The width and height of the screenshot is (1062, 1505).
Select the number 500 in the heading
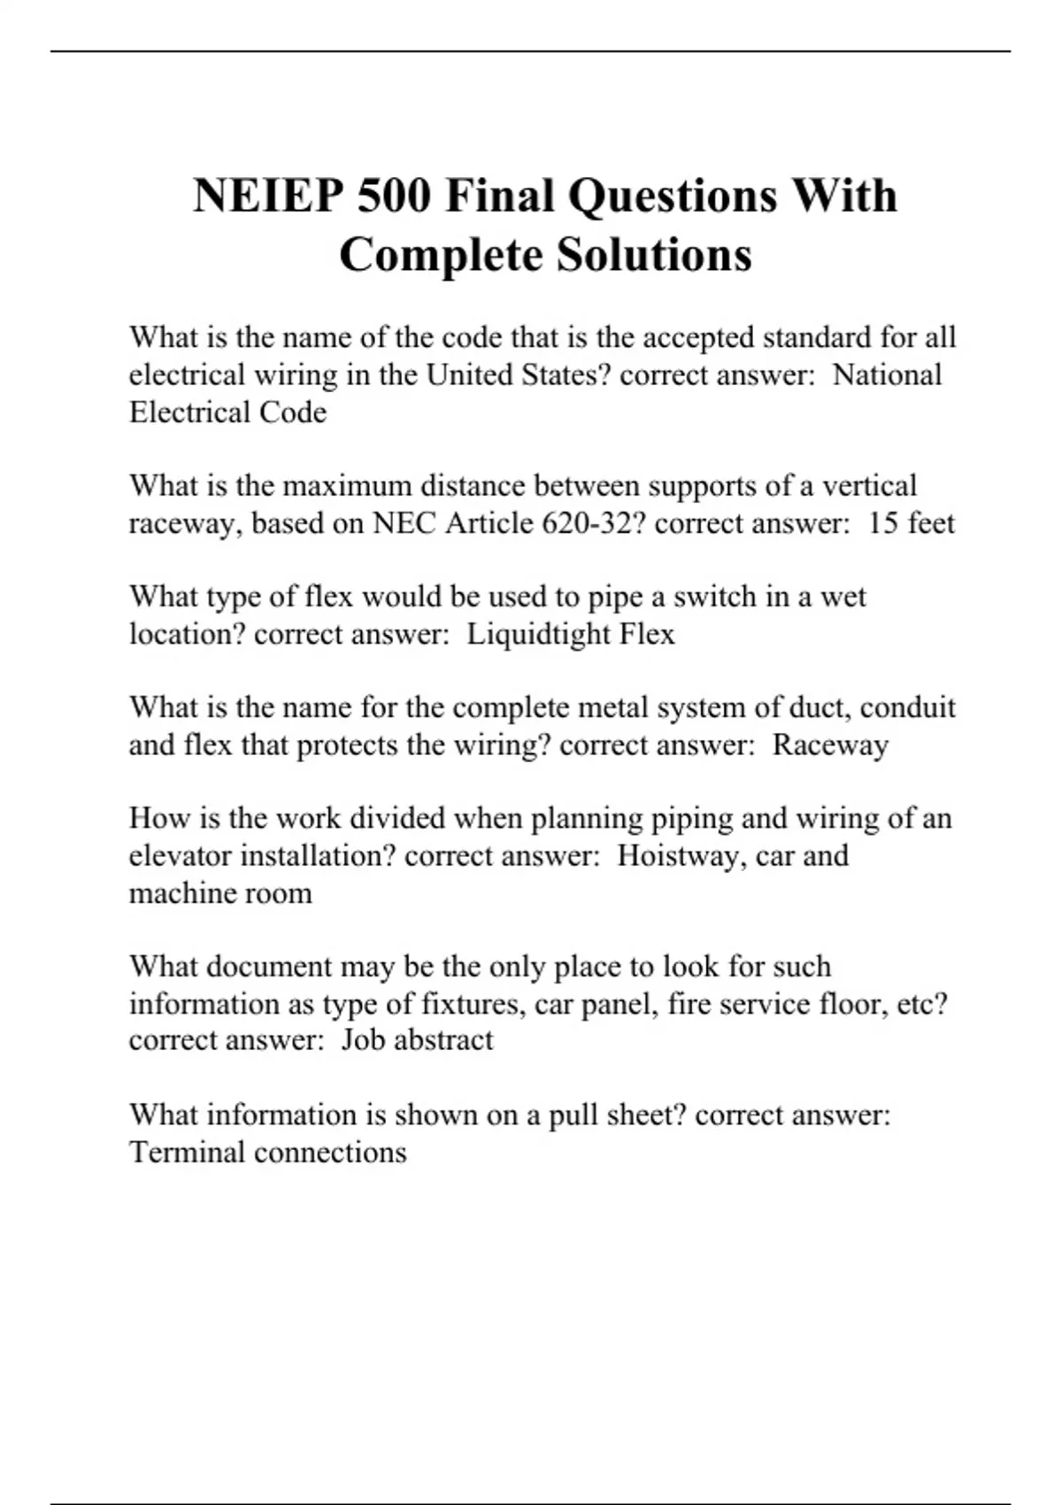coord(393,196)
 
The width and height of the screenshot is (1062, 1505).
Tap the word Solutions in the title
coord(654,255)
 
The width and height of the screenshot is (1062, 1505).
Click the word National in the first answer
coord(887,374)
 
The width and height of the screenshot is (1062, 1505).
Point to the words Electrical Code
coord(227,413)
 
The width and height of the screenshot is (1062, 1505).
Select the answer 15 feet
coord(911,523)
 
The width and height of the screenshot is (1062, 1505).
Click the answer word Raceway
coord(829,745)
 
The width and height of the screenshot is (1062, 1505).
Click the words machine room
coord(220,892)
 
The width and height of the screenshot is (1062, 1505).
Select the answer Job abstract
coord(417,1039)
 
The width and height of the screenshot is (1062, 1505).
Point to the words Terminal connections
coord(267,1152)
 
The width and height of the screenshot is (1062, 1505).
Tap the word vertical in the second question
coord(869,485)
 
